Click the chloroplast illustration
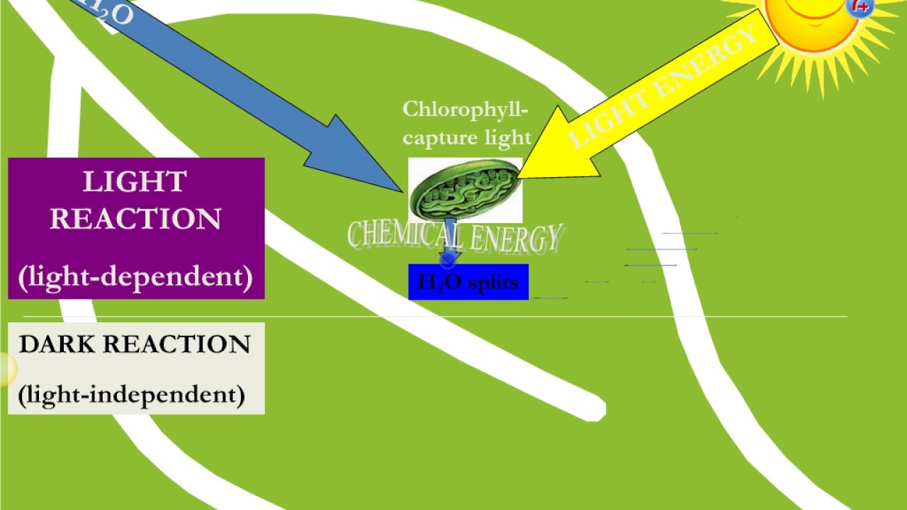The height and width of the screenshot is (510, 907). [x=465, y=190]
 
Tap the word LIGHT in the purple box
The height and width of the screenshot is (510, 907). [x=135, y=182]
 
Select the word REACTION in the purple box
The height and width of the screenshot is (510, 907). [x=135, y=219]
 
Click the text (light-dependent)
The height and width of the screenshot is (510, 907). [x=135, y=276]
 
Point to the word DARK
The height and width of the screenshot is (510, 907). [x=57, y=344]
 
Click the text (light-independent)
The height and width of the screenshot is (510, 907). [x=131, y=394]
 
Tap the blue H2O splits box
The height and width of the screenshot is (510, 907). [x=468, y=282]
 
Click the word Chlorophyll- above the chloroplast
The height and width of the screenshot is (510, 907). [x=466, y=110]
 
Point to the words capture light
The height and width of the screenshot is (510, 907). [x=466, y=137]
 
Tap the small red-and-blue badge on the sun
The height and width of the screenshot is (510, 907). [x=860, y=7]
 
